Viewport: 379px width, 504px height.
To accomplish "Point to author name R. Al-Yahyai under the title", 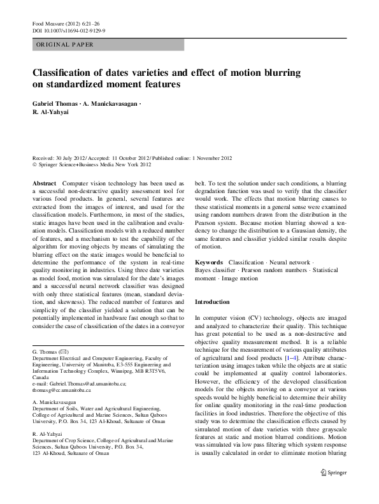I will [x=52, y=112].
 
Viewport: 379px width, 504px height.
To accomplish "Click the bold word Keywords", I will [x=209, y=263].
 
